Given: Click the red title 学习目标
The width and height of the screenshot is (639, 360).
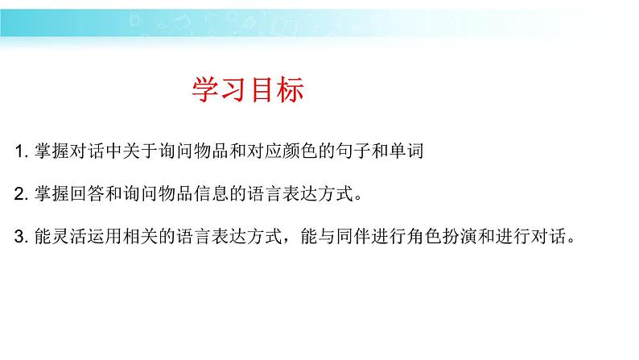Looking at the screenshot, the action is pos(248,89).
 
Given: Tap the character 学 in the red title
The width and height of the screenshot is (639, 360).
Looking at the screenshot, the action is pos(205,89).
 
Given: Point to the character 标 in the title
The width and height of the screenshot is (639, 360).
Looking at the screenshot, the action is pos(291,89).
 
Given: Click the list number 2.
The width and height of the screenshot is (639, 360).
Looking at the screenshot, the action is pos(21,193).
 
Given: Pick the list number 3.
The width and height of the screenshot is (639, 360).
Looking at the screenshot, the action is pos(21,237).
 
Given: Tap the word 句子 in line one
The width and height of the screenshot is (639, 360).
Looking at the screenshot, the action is pos(353,151).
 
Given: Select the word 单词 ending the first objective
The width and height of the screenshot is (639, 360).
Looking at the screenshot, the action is pos(406,151).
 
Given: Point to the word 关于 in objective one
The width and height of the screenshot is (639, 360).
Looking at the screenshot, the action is pos(141,151).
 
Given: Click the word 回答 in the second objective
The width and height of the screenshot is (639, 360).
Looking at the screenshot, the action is pos(87,193).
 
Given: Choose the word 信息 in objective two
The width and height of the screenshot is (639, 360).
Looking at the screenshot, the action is pos(212,193).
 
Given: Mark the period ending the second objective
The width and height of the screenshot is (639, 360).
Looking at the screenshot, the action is pos(359,199).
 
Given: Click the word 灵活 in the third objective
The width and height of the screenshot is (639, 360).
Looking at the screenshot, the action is pos(69,236).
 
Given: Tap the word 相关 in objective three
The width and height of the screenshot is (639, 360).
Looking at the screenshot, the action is pos(141,236).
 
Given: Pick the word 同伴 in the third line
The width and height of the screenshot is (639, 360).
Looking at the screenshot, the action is pos(353,236).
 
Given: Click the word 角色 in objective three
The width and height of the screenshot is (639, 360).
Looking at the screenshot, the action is pos(424,236).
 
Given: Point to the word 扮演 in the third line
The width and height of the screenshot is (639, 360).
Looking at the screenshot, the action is pos(460,236).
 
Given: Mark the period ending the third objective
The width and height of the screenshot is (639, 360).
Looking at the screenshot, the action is pos(571,242).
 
